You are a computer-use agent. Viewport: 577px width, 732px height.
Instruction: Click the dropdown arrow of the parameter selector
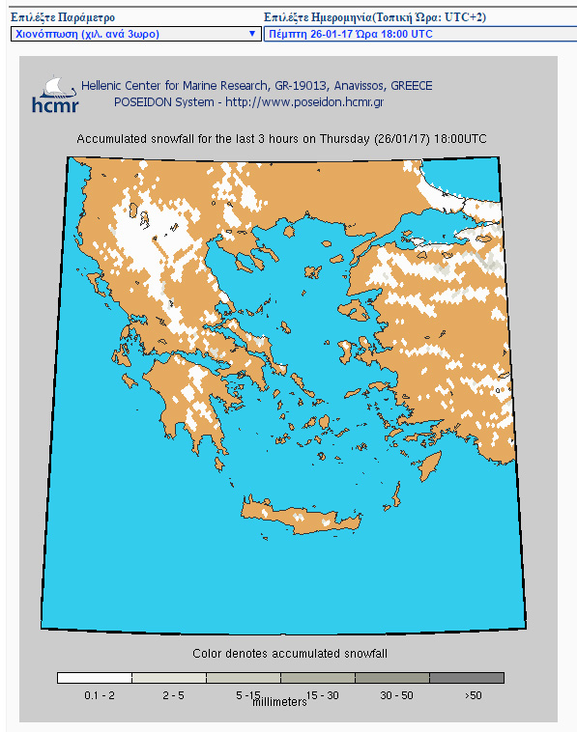(252, 33)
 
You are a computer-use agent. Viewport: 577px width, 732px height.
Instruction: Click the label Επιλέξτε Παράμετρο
(63, 17)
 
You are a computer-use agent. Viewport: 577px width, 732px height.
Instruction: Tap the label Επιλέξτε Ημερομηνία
(324, 17)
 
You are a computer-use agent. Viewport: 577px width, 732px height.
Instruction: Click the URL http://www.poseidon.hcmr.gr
(305, 101)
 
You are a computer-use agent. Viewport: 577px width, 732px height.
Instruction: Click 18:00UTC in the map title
(460, 139)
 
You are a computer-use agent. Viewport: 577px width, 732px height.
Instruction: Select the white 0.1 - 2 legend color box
(94, 678)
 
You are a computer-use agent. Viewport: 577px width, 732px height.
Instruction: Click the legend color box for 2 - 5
(168, 678)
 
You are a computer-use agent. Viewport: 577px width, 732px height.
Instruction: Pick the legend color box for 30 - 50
(392, 678)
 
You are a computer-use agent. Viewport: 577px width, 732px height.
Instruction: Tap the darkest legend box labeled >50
(467, 678)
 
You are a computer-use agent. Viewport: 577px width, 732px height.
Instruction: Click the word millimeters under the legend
(279, 702)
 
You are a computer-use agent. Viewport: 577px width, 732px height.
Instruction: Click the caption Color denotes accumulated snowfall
(290, 654)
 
